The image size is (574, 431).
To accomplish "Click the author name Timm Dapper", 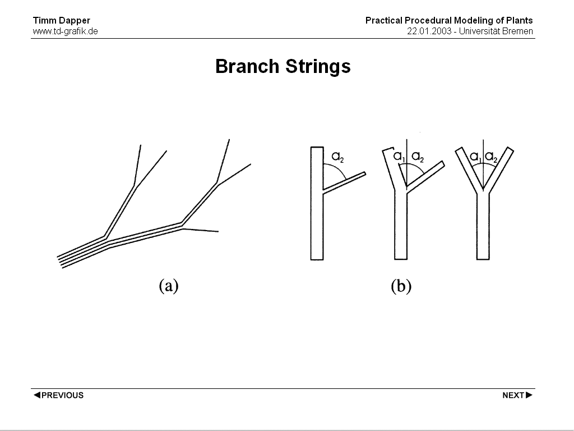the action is pos(62,21).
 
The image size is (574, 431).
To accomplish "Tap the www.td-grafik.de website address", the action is pos(66,31).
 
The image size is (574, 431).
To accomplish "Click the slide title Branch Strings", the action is pos(283,67).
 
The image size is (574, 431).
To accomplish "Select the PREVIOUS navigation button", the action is pos(58,395).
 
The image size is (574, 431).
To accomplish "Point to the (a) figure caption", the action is pos(169,286).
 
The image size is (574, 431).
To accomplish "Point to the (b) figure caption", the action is pos(401,286).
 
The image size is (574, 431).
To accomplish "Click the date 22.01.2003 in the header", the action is pos(429,31).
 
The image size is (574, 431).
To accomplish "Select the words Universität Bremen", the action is pos(496,31).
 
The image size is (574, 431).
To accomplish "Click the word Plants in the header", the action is pos(520,21).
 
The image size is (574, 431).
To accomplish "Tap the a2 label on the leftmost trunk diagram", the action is pos(337,157).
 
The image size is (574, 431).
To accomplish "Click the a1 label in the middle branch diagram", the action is pos(399,157).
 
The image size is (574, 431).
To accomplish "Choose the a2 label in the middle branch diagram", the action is pos(418,157).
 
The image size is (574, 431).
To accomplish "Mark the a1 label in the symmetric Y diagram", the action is pos(475,158).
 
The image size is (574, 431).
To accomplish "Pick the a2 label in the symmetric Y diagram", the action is pos(491,158).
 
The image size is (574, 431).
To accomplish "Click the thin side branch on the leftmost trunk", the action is pos(344,182).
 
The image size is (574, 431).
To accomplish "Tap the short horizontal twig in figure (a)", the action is pos(201,230).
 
